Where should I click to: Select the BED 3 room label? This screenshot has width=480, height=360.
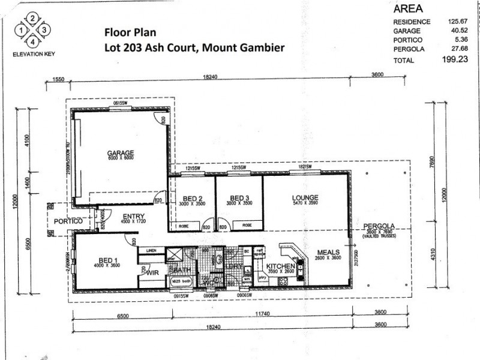239,198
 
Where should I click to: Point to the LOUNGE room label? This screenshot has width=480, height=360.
305,197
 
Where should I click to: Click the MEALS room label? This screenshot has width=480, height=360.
329,252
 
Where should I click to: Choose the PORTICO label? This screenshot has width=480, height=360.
67,221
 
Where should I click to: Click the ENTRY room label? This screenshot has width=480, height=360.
133,217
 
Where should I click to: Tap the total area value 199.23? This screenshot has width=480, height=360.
454,60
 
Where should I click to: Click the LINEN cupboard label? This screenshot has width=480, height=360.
150,251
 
